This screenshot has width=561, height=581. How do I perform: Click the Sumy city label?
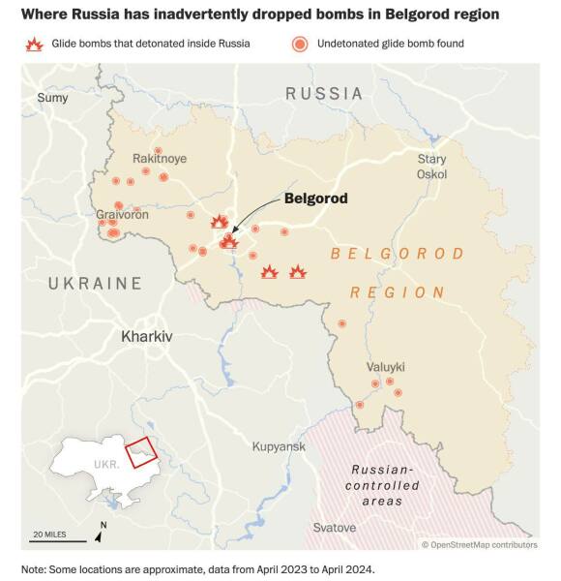click(x=52, y=97)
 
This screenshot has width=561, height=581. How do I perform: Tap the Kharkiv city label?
click(x=146, y=337)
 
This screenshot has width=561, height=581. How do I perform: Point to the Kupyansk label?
click(x=279, y=446)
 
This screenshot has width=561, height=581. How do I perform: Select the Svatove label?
click(x=335, y=528)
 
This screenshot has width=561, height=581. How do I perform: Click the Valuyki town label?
click(x=386, y=367)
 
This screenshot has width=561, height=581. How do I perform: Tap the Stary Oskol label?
click(x=431, y=166)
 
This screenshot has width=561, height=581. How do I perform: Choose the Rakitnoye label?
click(x=160, y=158)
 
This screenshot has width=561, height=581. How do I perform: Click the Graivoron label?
click(x=122, y=214)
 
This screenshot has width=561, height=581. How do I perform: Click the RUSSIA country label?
click(x=323, y=94)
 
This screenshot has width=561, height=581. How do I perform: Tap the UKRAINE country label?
click(x=96, y=284)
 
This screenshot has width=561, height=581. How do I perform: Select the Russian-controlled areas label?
click(x=383, y=485)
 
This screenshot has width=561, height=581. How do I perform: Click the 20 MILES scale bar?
click(x=55, y=539)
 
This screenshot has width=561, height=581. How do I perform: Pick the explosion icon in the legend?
click(x=36, y=45)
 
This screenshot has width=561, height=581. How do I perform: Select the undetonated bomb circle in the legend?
click(x=301, y=45)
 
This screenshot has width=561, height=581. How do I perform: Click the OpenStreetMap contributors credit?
click(x=479, y=545)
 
